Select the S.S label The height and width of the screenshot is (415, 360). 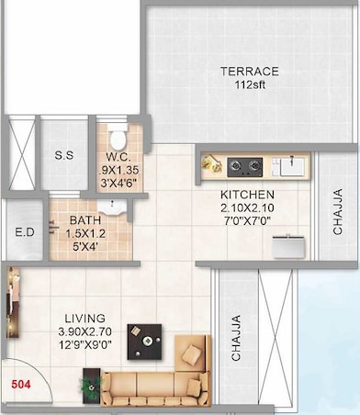tap(64, 155)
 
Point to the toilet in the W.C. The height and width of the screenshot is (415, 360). tap(117, 140)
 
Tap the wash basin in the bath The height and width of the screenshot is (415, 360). tap(111, 207)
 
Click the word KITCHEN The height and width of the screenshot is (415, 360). tap(247, 196)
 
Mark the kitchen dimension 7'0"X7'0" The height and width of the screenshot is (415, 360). tap(247, 221)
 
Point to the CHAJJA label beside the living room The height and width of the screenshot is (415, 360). tap(236, 339)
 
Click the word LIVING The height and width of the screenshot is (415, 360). tap(84, 318)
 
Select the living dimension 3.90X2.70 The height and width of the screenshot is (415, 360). tap(84, 331)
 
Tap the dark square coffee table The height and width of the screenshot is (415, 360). tap(146, 340)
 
